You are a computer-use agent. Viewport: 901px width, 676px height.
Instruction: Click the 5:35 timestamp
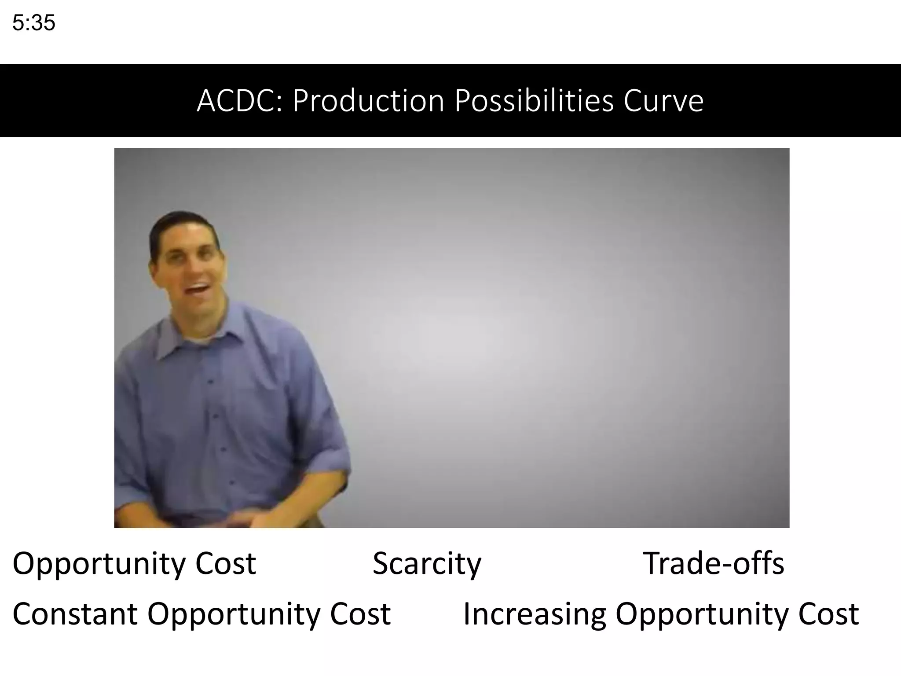click(34, 23)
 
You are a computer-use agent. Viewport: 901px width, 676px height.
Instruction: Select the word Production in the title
click(369, 101)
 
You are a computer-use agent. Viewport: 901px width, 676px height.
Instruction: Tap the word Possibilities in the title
click(534, 101)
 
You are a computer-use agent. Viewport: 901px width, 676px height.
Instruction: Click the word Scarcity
click(427, 564)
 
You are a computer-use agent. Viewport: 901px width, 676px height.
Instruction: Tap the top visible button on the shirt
click(210, 381)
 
